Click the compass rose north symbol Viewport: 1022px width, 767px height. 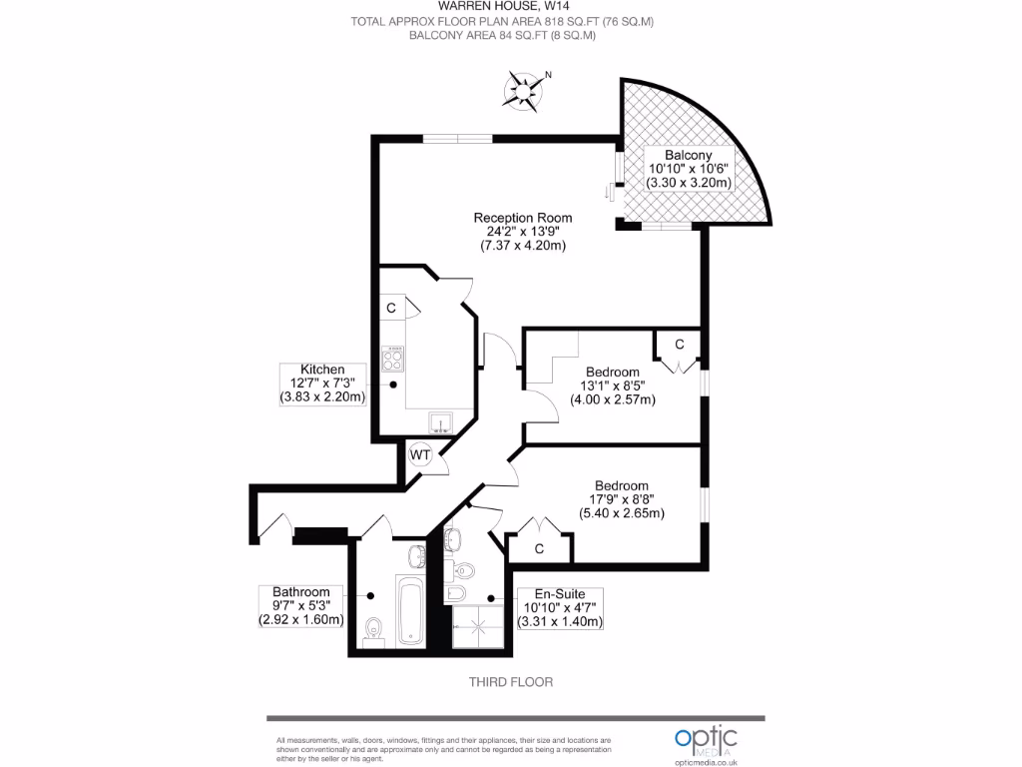click(523, 90)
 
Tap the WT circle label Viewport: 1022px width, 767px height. click(420, 454)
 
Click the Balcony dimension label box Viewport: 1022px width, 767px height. click(689, 169)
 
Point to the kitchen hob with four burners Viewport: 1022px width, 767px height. click(392, 359)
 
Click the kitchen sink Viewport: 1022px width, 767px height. click(440, 423)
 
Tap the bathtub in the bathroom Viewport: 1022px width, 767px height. click(410, 611)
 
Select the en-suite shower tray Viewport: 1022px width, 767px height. click(478, 627)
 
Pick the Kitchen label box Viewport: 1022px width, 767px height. click(322, 384)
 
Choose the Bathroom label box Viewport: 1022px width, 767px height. click(301, 606)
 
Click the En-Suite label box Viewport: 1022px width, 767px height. click(560, 608)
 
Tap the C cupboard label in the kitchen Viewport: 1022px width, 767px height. click(391, 308)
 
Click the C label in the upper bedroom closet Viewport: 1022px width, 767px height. click(679, 345)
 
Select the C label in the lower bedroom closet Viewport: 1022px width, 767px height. click(539, 549)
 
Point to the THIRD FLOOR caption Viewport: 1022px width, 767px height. click(511, 682)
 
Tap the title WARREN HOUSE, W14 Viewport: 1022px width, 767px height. click(504, 7)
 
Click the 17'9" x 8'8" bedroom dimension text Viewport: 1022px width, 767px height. click(622, 499)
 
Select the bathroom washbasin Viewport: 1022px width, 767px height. click(417, 556)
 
